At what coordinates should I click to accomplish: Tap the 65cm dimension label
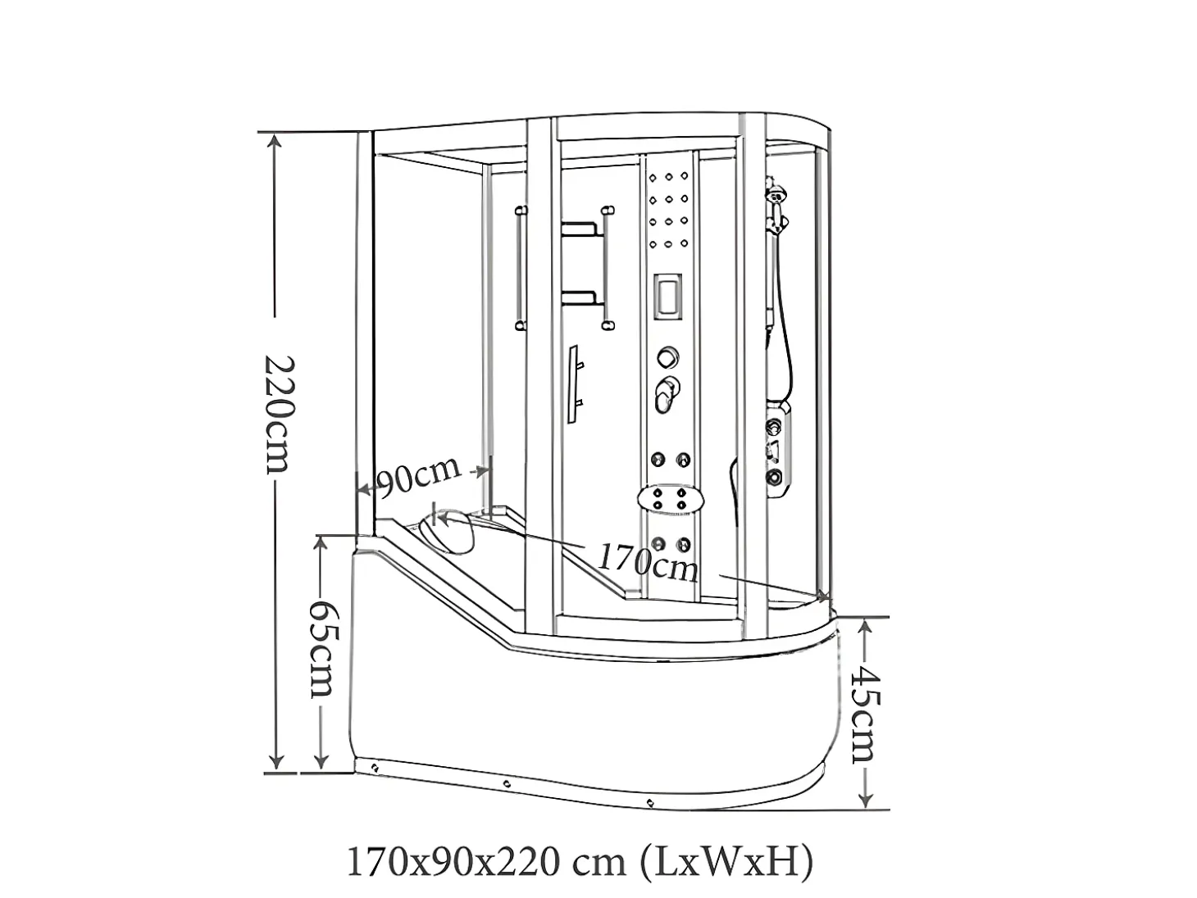click(321, 649)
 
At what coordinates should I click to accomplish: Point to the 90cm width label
click(418, 478)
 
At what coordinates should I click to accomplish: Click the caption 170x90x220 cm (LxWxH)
click(580, 861)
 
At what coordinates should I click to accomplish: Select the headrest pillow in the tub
click(447, 533)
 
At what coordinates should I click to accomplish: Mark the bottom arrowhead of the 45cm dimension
click(865, 800)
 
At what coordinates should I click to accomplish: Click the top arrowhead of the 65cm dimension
click(321, 544)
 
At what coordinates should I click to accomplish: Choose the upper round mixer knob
click(668, 357)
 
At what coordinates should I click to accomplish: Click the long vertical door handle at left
click(521, 268)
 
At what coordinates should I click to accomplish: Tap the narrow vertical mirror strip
click(573, 384)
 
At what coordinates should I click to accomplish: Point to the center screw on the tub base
click(507, 784)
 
